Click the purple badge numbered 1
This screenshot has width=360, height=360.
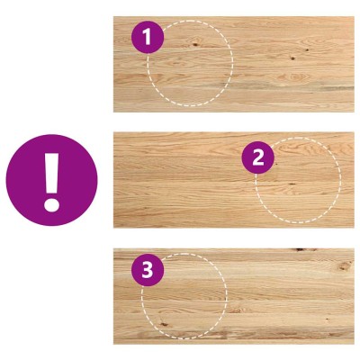click(148, 38)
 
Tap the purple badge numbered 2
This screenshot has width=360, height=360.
click(258, 157)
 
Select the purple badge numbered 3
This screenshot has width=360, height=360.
click(148, 270)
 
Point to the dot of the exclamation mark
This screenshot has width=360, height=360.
click(52, 206)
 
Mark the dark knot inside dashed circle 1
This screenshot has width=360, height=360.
click(195, 45)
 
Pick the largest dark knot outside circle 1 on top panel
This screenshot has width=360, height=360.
click(292, 58)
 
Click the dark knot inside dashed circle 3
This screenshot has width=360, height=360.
click(164, 324)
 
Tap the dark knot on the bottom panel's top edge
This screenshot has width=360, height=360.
click(300, 249)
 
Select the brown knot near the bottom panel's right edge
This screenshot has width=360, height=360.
click(345, 265)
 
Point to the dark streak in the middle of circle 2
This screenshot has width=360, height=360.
click(292, 184)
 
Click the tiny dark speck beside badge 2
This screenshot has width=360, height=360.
click(276, 164)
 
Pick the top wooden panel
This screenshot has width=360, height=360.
click(234, 64)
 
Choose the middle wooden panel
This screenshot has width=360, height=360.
click(234, 180)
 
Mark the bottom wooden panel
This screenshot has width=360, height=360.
click(234, 296)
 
